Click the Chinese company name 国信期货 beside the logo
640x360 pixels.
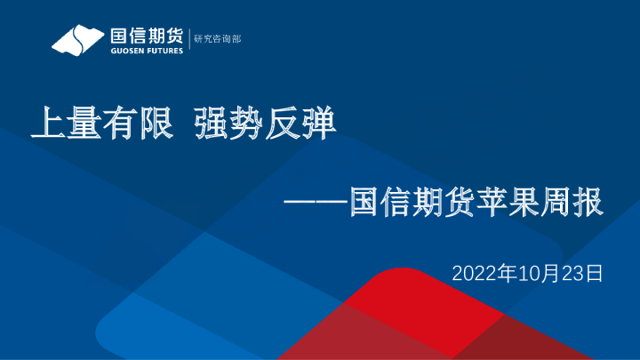point(147,36)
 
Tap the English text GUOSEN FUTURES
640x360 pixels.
point(147,51)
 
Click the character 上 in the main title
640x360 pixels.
point(46,124)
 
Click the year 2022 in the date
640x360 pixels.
point(472,272)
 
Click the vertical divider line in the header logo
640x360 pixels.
point(188,40)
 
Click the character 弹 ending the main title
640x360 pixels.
point(319,124)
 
